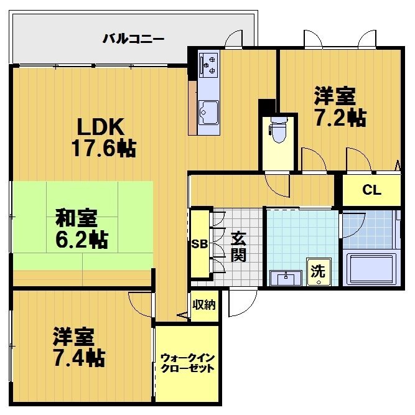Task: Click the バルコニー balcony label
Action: click(133, 39)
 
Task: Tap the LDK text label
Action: click(101, 127)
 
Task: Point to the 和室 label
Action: click(77, 218)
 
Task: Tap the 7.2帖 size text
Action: click(339, 118)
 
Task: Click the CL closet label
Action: click(371, 191)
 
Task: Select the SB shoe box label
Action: click(199, 243)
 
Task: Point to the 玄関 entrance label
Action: click(239, 246)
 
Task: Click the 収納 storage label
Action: click(203, 305)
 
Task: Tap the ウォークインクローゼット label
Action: click(187, 363)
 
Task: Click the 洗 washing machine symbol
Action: click(317, 272)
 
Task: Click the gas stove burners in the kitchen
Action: click(209, 64)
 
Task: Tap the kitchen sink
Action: click(208, 112)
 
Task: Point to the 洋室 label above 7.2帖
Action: click(335, 96)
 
